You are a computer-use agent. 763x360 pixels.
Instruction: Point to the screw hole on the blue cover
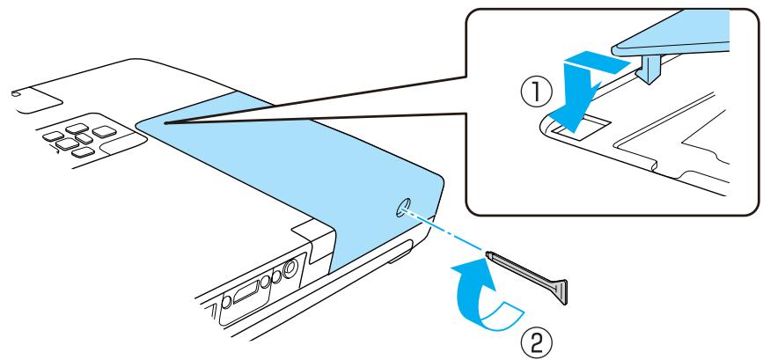[402, 209]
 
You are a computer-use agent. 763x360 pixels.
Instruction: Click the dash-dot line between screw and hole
[449, 232]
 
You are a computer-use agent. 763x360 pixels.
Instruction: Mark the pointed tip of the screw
[489, 255]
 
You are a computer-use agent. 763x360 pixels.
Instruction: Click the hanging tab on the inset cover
[652, 64]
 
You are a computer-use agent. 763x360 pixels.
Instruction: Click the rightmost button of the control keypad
[106, 132]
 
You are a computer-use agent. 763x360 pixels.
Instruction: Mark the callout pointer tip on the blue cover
[164, 122]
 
